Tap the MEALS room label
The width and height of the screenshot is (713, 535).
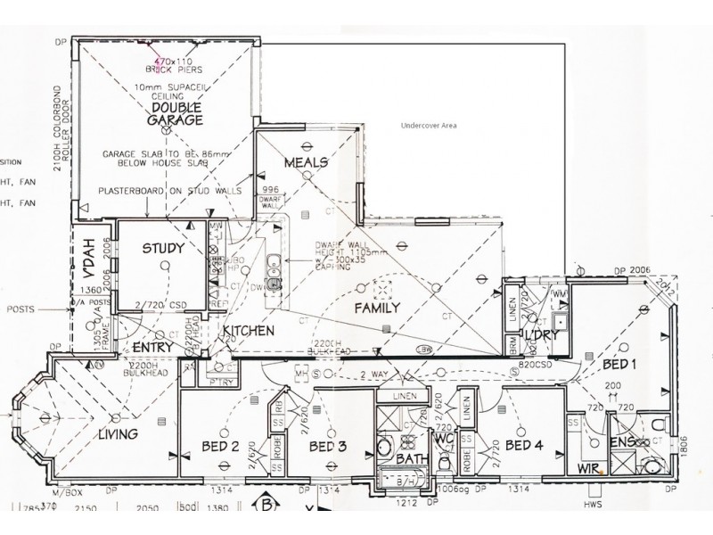306,163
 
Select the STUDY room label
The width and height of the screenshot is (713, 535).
163,249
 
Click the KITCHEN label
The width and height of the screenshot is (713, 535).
248,331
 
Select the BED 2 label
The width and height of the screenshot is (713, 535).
219,446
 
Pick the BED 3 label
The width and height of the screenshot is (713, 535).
328,446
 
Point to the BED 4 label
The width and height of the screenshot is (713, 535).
523,445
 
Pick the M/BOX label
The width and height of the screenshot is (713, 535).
66,491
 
